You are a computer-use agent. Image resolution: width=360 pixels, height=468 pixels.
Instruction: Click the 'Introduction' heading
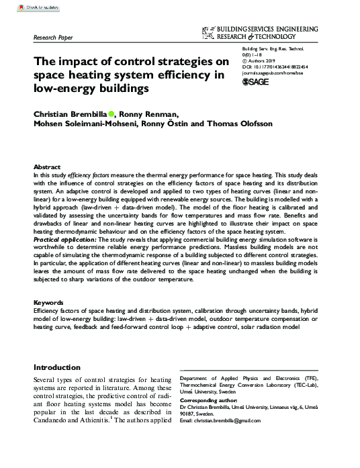point(57,367)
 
